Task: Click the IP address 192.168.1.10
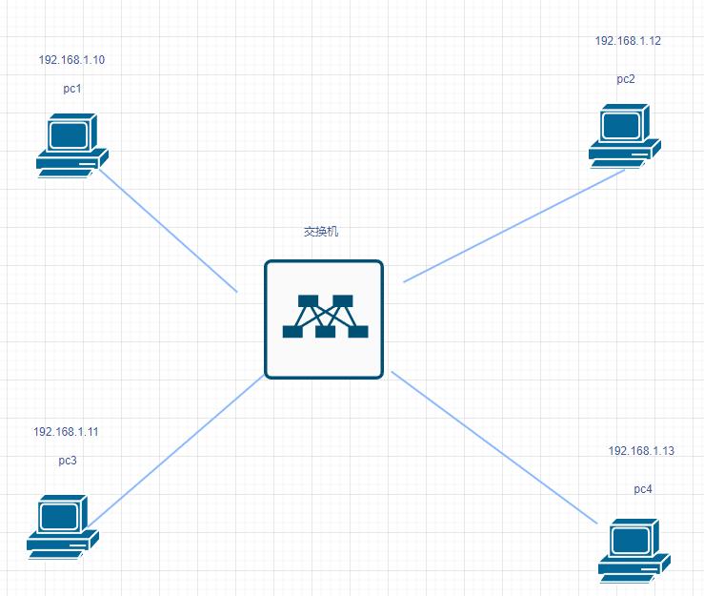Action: click(71, 60)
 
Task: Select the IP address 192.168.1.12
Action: click(628, 41)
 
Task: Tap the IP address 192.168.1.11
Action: click(66, 432)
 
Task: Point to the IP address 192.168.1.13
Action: click(641, 451)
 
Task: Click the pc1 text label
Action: click(72, 89)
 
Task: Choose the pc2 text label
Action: click(626, 79)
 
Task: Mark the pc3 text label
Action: click(68, 461)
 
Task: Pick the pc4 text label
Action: click(643, 489)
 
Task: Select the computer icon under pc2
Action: click(625, 135)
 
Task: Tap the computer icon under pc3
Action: click(63, 525)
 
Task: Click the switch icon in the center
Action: click(324, 319)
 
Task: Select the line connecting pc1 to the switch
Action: click(169, 231)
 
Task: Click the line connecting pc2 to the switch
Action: click(514, 226)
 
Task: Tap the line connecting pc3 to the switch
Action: click(176, 449)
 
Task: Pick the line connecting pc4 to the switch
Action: click(494, 447)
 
